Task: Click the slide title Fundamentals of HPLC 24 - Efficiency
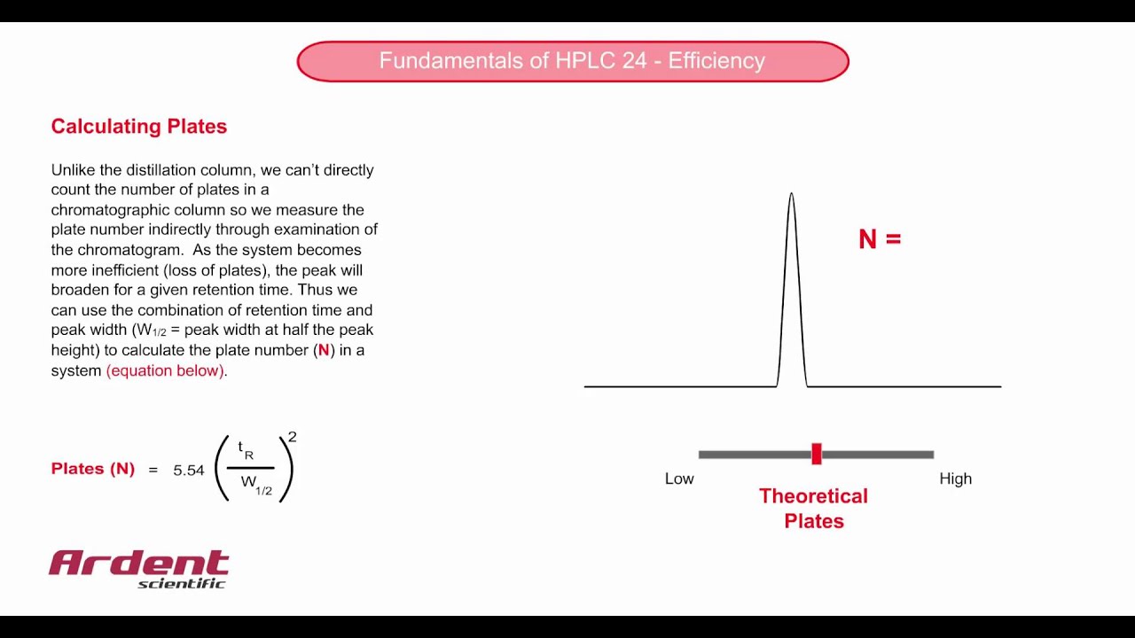[572, 61]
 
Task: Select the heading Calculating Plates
[139, 127]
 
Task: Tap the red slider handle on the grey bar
[817, 454]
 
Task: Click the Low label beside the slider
[679, 478]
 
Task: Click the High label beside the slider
[955, 478]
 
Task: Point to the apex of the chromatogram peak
[791, 194]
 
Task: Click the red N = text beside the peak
[879, 239]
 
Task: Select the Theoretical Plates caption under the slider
[813, 509]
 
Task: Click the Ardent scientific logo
[139, 568]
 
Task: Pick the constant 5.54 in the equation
[189, 471]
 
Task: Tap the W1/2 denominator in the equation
[256, 484]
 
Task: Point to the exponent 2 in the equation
[293, 438]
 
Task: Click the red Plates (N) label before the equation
[93, 469]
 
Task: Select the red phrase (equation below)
[165, 370]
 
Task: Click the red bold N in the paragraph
[324, 350]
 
